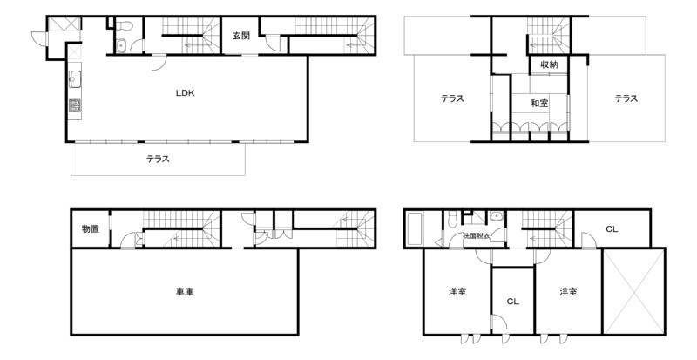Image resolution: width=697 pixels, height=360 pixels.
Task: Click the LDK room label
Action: coord(186,93)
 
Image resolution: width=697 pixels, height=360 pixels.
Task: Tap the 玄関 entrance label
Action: coord(241,36)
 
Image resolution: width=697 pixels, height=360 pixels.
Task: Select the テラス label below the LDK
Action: coord(159,159)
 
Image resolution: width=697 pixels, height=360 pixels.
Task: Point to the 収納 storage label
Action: coord(549,65)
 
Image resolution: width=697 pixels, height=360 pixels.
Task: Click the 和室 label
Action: coord(539,104)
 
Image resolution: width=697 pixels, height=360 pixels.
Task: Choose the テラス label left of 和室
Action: coord(452,98)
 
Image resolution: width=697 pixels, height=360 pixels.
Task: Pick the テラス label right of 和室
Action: coord(626,98)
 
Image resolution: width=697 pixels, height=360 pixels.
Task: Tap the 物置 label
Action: coord(91,229)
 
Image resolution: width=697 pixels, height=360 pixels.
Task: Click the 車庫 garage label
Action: coord(185,292)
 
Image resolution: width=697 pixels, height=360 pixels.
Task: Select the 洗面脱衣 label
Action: coord(477,235)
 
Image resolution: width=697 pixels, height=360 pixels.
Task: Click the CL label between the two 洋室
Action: coord(512,302)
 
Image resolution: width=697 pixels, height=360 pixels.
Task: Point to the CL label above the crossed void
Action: coord(612,229)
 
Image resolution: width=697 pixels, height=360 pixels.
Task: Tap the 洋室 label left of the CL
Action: coord(457,292)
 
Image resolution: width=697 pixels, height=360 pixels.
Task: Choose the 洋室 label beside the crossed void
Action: coord(569,292)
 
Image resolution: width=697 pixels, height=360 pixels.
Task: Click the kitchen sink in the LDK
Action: coord(75,79)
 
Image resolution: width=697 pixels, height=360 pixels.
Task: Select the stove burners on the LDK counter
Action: coord(75,105)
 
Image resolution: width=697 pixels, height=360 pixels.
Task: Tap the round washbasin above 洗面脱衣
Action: coord(496,217)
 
